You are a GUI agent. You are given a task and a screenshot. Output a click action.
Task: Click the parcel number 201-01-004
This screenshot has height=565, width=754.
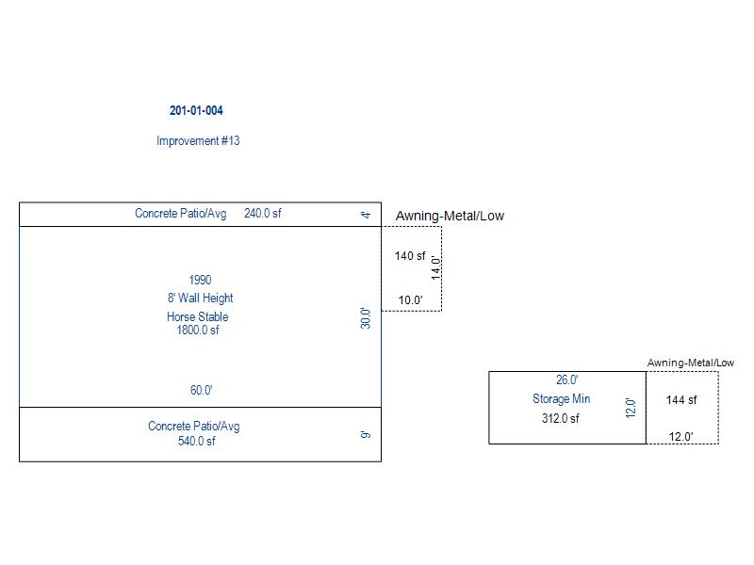(196, 110)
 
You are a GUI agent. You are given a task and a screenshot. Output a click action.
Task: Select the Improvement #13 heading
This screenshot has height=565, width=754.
(198, 141)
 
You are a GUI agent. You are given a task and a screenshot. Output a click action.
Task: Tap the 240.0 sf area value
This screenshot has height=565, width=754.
(262, 214)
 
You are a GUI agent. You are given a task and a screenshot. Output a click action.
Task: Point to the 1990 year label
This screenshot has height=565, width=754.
(200, 280)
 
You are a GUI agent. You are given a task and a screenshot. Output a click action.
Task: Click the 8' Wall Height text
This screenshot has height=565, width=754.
(200, 299)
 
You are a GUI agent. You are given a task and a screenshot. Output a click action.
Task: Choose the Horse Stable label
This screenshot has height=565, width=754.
(198, 316)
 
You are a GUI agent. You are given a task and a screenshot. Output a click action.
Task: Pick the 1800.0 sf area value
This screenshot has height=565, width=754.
(198, 331)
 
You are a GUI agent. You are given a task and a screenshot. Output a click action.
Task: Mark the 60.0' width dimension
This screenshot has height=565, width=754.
(201, 390)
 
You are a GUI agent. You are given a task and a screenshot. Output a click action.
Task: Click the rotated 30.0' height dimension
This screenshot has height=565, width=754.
(366, 318)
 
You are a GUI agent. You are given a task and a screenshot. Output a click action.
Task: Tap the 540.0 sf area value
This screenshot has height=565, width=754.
(197, 441)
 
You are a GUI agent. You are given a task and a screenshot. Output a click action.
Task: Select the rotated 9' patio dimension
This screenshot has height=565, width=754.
(366, 435)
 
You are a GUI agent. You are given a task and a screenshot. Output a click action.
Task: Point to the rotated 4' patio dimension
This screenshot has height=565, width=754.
(366, 216)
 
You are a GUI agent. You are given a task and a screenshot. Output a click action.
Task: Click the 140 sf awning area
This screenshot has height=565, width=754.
(410, 256)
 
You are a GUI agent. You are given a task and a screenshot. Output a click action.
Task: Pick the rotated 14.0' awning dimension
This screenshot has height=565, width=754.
(435, 268)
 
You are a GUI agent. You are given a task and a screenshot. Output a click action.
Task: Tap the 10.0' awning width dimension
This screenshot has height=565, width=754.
(410, 301)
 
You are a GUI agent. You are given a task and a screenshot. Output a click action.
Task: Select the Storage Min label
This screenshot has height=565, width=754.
(561, 399)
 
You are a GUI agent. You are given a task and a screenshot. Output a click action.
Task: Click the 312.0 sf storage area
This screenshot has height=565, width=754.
(560, 419)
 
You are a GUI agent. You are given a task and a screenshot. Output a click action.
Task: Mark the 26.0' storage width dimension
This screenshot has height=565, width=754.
(566, 380)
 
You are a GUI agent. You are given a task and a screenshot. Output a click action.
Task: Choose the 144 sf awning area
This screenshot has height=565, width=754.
(681, 400)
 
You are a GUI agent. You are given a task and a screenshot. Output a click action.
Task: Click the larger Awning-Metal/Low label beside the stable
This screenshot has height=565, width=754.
(450, 216)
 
